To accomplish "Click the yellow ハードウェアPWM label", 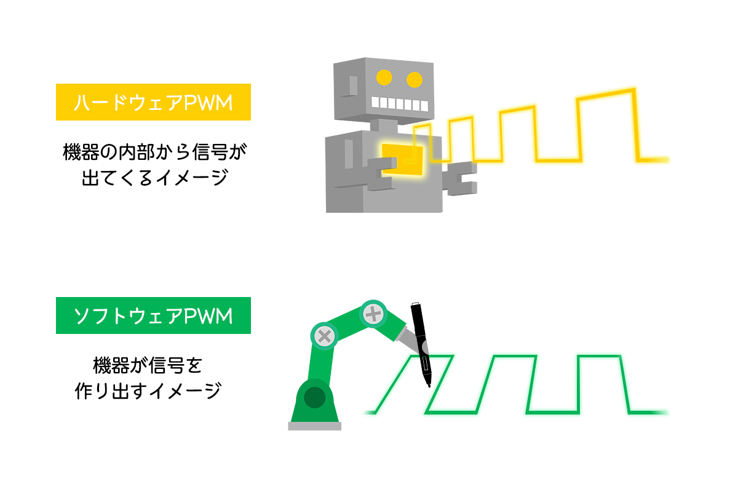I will point(153,102).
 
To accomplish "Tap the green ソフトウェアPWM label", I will point(153,316).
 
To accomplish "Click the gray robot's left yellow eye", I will point(384,77).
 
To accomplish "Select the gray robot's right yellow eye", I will point(415,79).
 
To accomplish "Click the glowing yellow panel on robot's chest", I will point(403,159).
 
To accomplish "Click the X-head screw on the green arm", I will point(324,336).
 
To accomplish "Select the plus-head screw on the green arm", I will point(373,315).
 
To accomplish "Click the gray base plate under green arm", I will point(314,426).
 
